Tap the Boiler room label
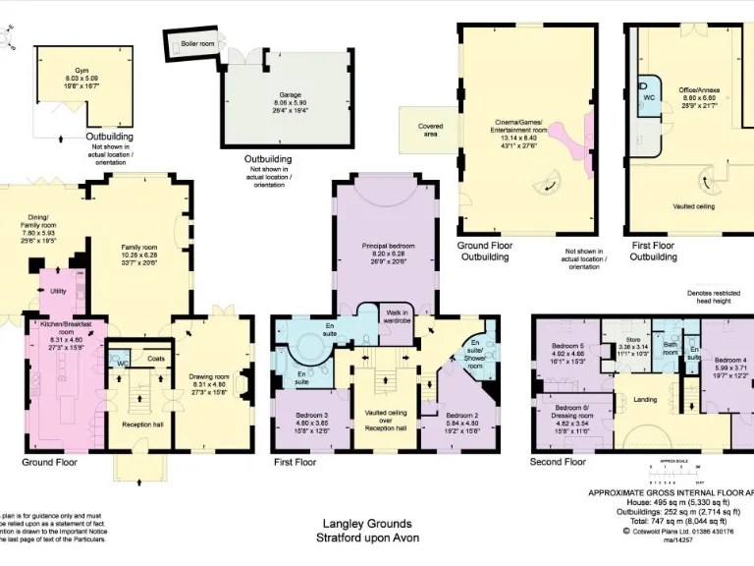tap(196, 44)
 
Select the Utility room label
tap(58, 292)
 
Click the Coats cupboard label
tap(156, 359)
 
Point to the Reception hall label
tap(142, 424)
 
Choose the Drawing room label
tap(208, 382)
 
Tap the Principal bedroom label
tap(388, 253)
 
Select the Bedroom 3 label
tap(310, 422)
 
